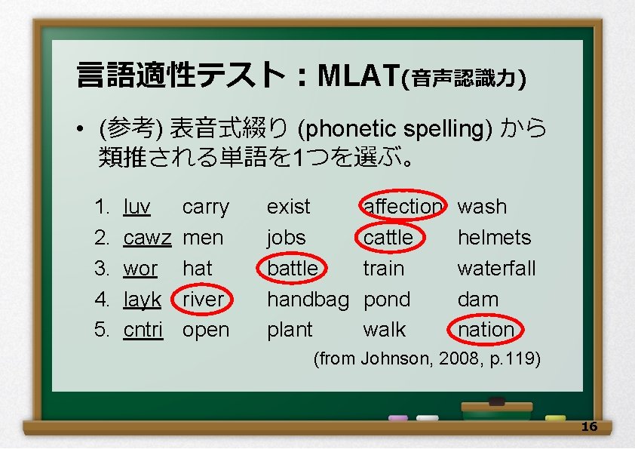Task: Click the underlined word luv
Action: (x=137, y=207)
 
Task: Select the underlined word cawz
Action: (x=147, y=238)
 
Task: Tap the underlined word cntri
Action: (x=143, y=330)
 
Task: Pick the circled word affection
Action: (x=403, y=206)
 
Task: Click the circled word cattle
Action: (x=388, y=238)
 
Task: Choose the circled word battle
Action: (x=293, y=269)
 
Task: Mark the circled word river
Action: (x=204, y=300)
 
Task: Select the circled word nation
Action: (x=486, y=330)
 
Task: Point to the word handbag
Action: (x=308, y=300)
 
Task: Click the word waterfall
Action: (x=496, y=269)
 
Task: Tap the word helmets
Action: (x=494, y=238)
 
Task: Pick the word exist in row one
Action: (x=288, y=207)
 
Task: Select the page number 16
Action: (x=589, y=427)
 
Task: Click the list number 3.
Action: (x=101, y=269)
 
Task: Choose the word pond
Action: (x=387, y=300)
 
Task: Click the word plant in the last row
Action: (x=290, y=330)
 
